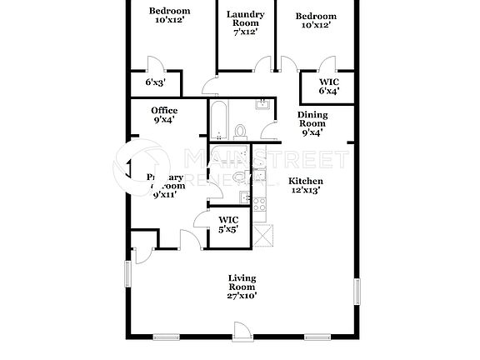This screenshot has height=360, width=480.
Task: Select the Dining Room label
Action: point(313,122)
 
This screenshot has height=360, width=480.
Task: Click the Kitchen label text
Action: point(305,181)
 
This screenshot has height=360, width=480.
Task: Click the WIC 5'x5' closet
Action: point(228,222)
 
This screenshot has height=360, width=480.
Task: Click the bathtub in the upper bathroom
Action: point(218,121)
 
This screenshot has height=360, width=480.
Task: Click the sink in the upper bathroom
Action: point(262,105)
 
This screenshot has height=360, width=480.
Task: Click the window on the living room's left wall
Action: point(129,272)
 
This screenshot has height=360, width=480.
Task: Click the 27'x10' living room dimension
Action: point(242,294)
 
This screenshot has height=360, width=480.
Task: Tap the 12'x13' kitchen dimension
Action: point(305,191)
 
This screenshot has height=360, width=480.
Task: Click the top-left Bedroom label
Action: point(169,12)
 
